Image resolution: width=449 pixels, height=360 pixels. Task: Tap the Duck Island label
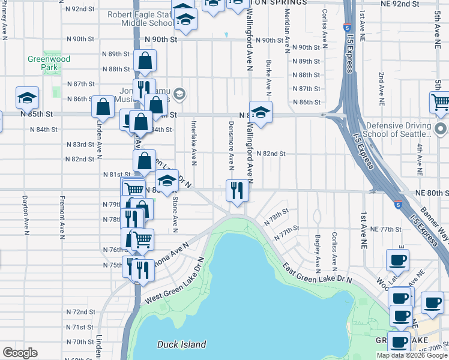(x=181, y=344)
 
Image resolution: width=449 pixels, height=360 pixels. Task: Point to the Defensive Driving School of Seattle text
(x=399, y=131)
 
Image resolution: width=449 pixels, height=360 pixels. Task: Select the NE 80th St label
(x=430, y=193)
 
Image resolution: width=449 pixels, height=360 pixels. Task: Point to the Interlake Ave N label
(x=194, y=142)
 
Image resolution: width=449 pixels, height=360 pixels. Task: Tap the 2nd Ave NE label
(x=381, y=85)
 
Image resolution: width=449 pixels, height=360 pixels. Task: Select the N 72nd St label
(x=80, y=312)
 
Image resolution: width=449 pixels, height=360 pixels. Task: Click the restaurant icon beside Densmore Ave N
(x=237, y=191)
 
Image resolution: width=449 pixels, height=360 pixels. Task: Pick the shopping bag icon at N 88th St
(x=145, y=61)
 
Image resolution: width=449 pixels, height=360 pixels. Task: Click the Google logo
(x=19, y=353)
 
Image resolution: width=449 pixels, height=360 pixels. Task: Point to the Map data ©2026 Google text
(x=411, y=355)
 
